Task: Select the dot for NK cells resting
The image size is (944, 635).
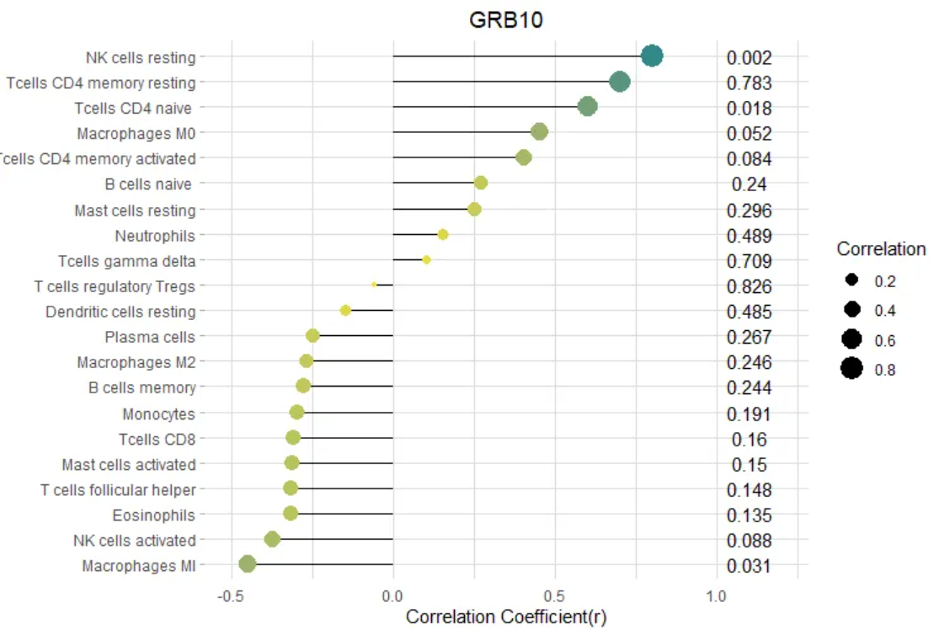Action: (x=652, y=56)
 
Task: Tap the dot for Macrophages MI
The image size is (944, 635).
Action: (x=247, y=564)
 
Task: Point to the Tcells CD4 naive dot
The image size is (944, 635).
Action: (x=588, y=106)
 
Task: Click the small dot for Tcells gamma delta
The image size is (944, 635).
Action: (x=426, y=259)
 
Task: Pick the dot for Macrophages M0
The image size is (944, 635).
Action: (x=540, y=131)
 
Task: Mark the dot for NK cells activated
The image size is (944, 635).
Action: (x=272, y=539)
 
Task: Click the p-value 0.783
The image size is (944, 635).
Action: (x=749, y=83)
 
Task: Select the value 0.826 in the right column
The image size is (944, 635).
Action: (x=749, y=286)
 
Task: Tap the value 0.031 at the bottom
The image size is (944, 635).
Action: (x=749, y=566)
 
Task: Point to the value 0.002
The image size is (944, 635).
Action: (x=749, y=57)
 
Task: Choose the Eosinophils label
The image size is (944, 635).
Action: (x=153, y=515)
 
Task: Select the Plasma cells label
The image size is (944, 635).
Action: (x=150, y=337)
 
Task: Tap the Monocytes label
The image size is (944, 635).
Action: (x=158, y=414)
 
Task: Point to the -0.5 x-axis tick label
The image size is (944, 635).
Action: (x=231, y=596)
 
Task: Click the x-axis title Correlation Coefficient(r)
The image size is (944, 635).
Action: (x=505, y=616)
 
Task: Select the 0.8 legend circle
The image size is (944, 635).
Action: (x=851, y=369)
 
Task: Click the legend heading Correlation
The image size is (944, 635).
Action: (x=881, y=249)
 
